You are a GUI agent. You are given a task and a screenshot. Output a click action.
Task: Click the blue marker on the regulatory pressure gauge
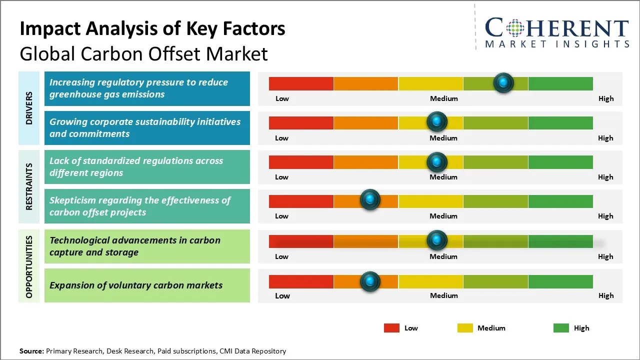click(503, 82)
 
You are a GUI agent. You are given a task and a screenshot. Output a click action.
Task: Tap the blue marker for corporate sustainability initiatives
click(437, 121)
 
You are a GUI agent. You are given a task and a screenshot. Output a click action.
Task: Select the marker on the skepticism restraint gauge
click(370, 200)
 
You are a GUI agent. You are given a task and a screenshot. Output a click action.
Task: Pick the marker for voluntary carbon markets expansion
click(370, 281)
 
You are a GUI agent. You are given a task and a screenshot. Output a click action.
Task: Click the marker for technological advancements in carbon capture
click(437, 240)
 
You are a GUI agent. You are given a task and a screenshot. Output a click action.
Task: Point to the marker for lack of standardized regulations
click(437, 162)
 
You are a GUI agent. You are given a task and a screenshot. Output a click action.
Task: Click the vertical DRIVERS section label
click(29, 107)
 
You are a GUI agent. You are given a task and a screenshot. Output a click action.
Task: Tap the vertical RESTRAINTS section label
click(29, 186)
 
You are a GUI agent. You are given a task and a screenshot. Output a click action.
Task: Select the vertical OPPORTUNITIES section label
click(29, 266)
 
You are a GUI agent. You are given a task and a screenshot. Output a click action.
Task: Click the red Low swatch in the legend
click(391, 328)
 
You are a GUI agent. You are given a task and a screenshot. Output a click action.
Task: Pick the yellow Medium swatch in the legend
click(465, 328)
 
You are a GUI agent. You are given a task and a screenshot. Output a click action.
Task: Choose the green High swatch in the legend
click(561, 328)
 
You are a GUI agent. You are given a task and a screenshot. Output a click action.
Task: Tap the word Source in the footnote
click(31, 351)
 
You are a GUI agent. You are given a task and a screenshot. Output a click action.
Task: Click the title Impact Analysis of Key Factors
click(152, 29)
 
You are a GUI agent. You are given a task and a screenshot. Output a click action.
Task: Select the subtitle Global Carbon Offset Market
click(143, 53)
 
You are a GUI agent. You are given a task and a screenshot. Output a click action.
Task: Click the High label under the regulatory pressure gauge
click(605, 98)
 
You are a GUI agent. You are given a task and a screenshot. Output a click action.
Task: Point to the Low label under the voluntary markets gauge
click(282, 295)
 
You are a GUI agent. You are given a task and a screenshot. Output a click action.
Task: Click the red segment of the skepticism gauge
click(301, 201)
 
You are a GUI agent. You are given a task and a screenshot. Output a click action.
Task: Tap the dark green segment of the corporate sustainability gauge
click(560, 122)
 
